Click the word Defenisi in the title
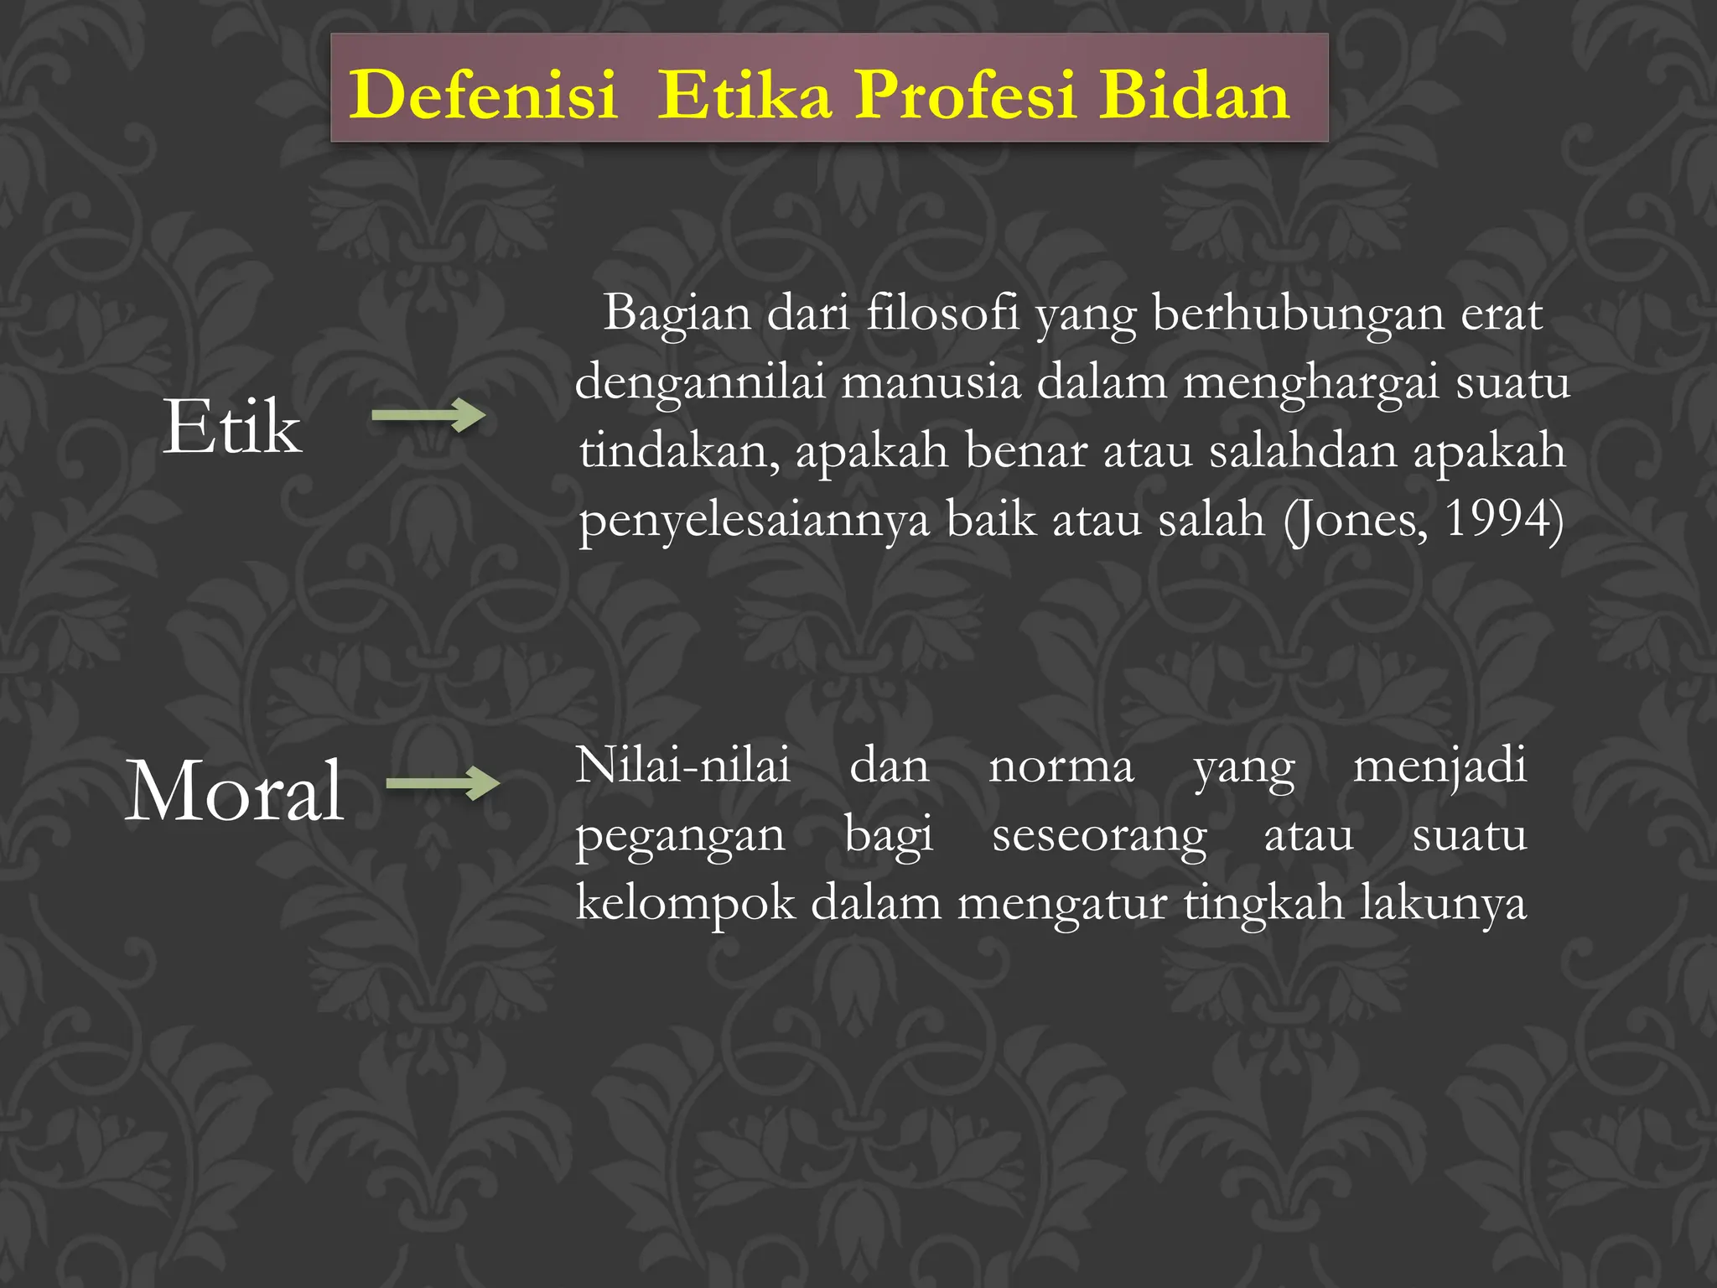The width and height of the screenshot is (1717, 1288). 483,95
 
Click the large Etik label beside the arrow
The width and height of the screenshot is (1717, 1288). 231,427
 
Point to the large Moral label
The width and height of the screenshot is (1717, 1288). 235,791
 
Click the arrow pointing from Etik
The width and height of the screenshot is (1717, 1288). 428,415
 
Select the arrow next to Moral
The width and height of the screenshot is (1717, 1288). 443,784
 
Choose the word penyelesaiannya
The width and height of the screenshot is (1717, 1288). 755,521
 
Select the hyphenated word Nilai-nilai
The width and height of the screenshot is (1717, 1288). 683,766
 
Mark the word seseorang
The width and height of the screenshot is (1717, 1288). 1099,836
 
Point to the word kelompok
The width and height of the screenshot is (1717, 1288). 685,904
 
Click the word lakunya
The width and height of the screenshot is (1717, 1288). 1443,904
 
